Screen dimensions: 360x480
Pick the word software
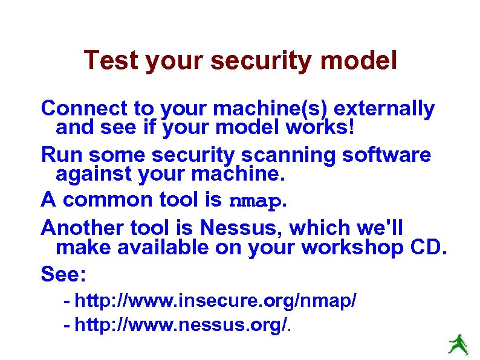point(387,155)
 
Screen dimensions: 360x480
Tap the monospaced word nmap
point(256,200)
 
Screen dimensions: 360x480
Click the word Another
point(83,228)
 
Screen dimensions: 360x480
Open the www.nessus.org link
point(181,326)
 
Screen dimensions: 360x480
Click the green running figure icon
point(458,344)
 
